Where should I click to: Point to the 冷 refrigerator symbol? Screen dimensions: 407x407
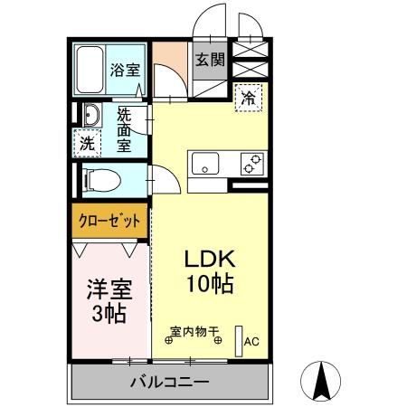247,98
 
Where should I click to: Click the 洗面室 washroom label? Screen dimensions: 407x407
125,130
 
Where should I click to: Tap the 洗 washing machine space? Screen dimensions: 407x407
87,143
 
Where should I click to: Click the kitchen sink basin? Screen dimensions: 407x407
203,165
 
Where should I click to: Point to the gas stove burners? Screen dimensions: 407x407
251,164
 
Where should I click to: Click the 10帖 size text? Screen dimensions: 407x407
211,285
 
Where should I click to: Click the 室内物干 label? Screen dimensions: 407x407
195,332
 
